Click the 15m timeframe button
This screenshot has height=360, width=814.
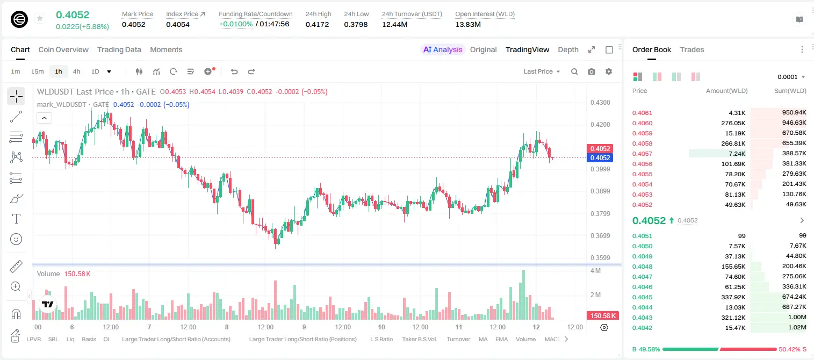click(38, 71)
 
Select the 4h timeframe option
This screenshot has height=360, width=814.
click(76, 71)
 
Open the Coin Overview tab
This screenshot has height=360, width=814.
click(63, 49)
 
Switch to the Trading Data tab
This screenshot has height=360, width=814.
click(119, 49)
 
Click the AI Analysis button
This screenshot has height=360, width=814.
click(443, 49)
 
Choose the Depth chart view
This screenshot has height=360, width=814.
click(568, 49)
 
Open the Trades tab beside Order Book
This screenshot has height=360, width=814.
click(692, 49)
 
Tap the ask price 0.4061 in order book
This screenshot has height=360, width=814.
click(642, 113)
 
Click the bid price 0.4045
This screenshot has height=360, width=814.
click(642, 297)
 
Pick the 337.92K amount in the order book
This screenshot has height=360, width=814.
click(733, 297)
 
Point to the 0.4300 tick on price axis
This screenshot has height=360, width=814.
click(600, 103)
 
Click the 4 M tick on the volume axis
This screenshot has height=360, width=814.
click(596, 271)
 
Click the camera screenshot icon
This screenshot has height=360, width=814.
click(592, 71)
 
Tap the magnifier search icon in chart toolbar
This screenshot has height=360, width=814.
click(574, 71)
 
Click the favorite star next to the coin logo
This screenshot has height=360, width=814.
click(40, 18)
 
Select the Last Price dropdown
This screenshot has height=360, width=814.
click(542, 71)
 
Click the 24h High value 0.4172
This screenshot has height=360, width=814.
click(317, 24)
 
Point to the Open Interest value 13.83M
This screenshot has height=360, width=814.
click(468, 24)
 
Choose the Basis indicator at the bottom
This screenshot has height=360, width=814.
click(89, 339)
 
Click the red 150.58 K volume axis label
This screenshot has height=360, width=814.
click(603, 316)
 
